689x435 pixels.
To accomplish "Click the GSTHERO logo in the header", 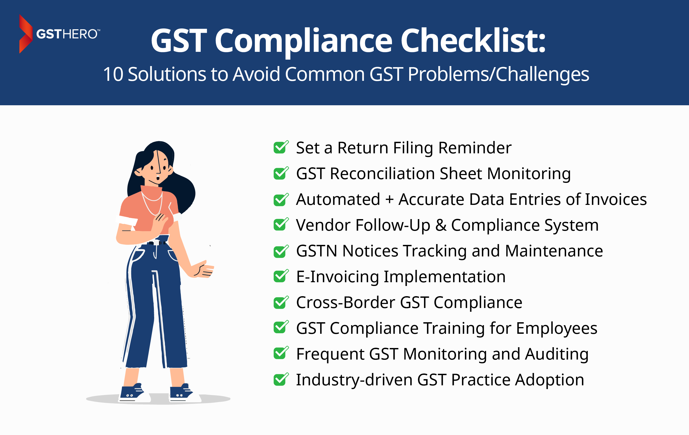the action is click(59, 34).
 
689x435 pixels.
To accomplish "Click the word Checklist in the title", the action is click(473, 41).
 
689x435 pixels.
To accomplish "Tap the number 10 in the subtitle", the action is click(113, 74).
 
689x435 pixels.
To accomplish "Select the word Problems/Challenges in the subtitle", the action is click(499, 75).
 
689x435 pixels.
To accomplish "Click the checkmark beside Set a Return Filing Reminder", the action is click(281, 147).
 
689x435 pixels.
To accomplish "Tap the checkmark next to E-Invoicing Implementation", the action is click(281, 276).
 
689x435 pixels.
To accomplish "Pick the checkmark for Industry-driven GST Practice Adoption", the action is click(281, 379).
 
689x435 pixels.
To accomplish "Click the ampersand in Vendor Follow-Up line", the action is click(441, 225).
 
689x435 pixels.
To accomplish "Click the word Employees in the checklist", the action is click(557, 329).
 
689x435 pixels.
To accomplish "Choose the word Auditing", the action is click(557, 354).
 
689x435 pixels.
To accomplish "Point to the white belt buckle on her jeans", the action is click(157, 243).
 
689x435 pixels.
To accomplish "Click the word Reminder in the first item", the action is click(475, 148).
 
